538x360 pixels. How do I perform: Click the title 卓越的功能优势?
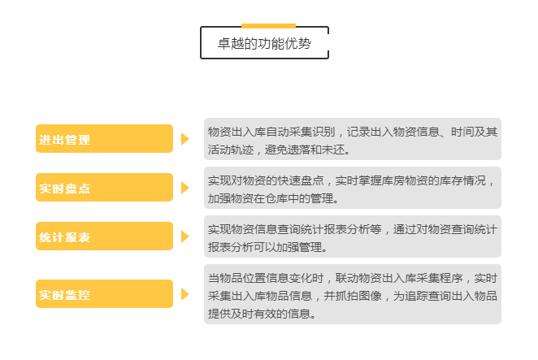(264, 44)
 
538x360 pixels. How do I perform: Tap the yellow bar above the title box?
(268, 26)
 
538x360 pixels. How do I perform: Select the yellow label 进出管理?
(104, 139)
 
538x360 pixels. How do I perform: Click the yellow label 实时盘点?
(104, 188)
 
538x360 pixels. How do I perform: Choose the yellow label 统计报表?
(104, 236)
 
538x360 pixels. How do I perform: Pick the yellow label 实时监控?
(104, 293)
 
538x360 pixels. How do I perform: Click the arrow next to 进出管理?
(185, 139)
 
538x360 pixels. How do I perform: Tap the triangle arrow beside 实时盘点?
(185, 188)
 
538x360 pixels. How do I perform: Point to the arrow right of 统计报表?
(185, 236)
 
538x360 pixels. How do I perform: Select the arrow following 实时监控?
(185, 294)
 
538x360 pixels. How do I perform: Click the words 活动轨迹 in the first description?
(231, 150)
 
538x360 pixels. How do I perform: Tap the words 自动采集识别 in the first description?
(301, 132)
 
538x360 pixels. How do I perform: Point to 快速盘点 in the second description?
(301, 180)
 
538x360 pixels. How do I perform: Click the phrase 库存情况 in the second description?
(463, 180)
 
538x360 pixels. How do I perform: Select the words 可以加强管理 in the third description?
(289, 247)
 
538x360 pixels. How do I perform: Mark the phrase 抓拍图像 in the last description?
(358, 296)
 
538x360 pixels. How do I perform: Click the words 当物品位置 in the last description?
(236, 278)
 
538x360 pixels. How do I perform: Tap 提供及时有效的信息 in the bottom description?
(259, 314)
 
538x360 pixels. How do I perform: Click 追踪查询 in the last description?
(427, 296)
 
